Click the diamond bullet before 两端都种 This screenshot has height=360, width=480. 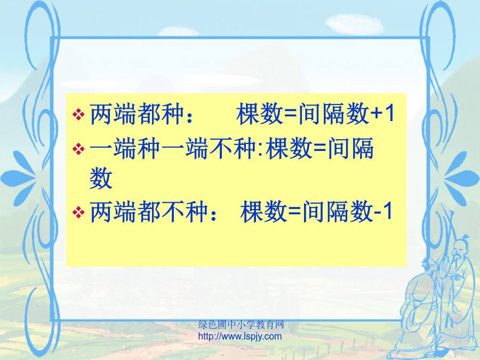[x=78, y=115]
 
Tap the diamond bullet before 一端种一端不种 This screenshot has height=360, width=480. [x=78, y=149]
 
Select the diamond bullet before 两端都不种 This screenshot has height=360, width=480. [x=78, y=212]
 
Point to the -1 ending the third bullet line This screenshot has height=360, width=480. [x=382, y=211]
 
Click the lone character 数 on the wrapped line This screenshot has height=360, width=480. [x=101, y=178]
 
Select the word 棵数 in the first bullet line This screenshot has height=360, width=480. [x=260, y=114]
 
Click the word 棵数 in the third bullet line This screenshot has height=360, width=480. [x=264, y=211]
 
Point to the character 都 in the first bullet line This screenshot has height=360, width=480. [x=149, y=114]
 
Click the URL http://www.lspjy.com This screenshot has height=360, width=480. [x=240, y=337]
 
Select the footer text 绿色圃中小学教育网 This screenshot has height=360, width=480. [x=241, y=324]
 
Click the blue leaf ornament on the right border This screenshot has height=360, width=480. [x=462, y=178]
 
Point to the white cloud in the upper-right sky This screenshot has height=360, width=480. [x=355, y=24]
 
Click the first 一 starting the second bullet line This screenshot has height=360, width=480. [x=101, y=148]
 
